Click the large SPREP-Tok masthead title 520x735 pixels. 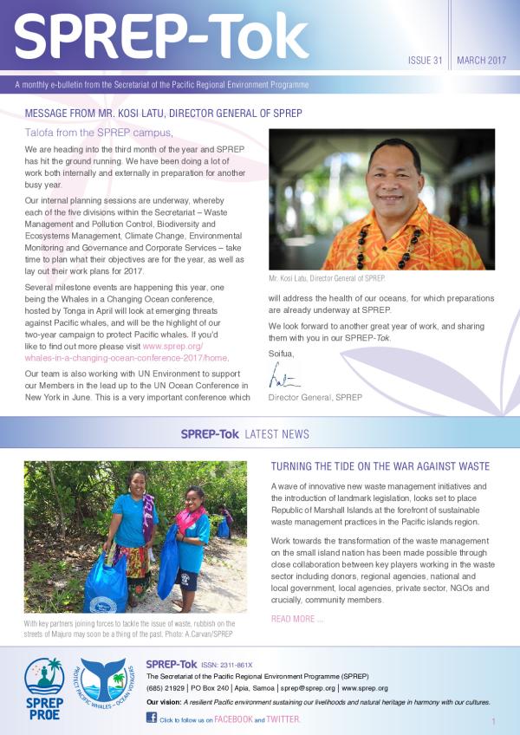(x=162, y=38)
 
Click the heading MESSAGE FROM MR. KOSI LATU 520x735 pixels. (x=164, y=114)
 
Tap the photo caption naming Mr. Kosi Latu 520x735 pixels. (x=328, y=278)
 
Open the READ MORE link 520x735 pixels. (x=297, y=619)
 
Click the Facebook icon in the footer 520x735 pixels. (x=152, y=718)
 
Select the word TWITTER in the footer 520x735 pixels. (x=283, y=719)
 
